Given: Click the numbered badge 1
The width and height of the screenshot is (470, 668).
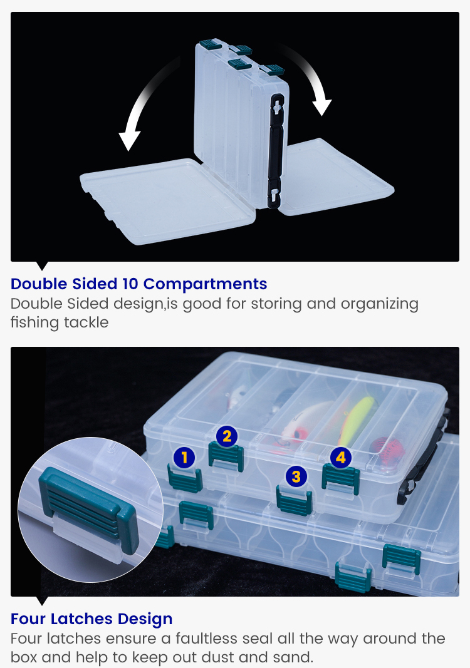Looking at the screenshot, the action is pyautogui.click(x=184, y=458).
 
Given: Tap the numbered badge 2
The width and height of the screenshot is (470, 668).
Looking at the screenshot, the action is pyautogui.click(x=227, y=436).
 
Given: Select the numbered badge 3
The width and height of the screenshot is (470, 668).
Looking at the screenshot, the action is pyautogui.click(x=296, y=476).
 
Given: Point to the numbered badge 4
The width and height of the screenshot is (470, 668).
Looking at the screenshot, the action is pyautogui.click(x=341, y=457).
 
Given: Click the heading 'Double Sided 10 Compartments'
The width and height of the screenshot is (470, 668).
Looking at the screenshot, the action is pyautogui.click(x=138, y=284).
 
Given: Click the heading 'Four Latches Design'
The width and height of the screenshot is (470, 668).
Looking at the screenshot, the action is pyautogui.click(x=91, y=619).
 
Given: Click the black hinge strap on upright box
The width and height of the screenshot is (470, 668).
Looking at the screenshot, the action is pyautogui.click(x=276, y=151).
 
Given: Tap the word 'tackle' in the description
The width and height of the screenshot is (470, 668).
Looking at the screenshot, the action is pyautogui.click(x=86, y=322).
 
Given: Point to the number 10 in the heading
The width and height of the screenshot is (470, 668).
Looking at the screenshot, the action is pyautogui.click(x=130, y=284).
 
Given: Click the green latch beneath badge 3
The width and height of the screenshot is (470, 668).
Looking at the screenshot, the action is pyautogui.click(x=295, y=500).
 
